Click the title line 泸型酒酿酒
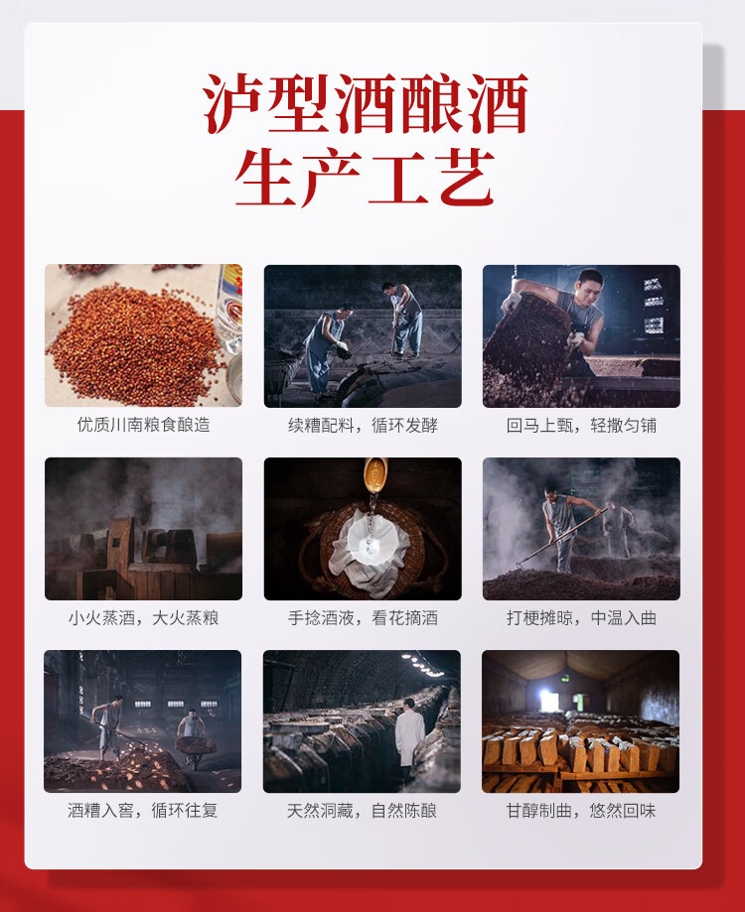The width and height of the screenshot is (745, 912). [366, 103]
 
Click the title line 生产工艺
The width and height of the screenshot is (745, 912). [365, 177]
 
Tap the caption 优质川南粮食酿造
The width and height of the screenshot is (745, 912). [143, 425]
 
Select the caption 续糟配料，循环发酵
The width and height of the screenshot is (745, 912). [363, 425]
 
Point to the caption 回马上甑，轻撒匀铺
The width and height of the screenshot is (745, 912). [581, 425]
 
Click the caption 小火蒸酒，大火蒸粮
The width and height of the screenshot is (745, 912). [143, 617]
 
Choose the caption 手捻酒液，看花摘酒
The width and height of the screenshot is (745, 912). [363, 617]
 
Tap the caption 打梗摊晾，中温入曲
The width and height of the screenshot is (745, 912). [581, 617]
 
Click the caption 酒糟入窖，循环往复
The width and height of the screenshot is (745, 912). [143, 810]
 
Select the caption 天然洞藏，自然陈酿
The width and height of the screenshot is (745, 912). [362, 810]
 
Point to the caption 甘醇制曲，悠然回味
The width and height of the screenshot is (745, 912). [581, 810]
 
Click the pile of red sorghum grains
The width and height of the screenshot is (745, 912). [135, 345]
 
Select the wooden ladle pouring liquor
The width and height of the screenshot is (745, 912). [374, 474]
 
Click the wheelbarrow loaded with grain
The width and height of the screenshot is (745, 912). [195, 748]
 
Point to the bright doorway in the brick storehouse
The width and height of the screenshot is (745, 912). [548, 701]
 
